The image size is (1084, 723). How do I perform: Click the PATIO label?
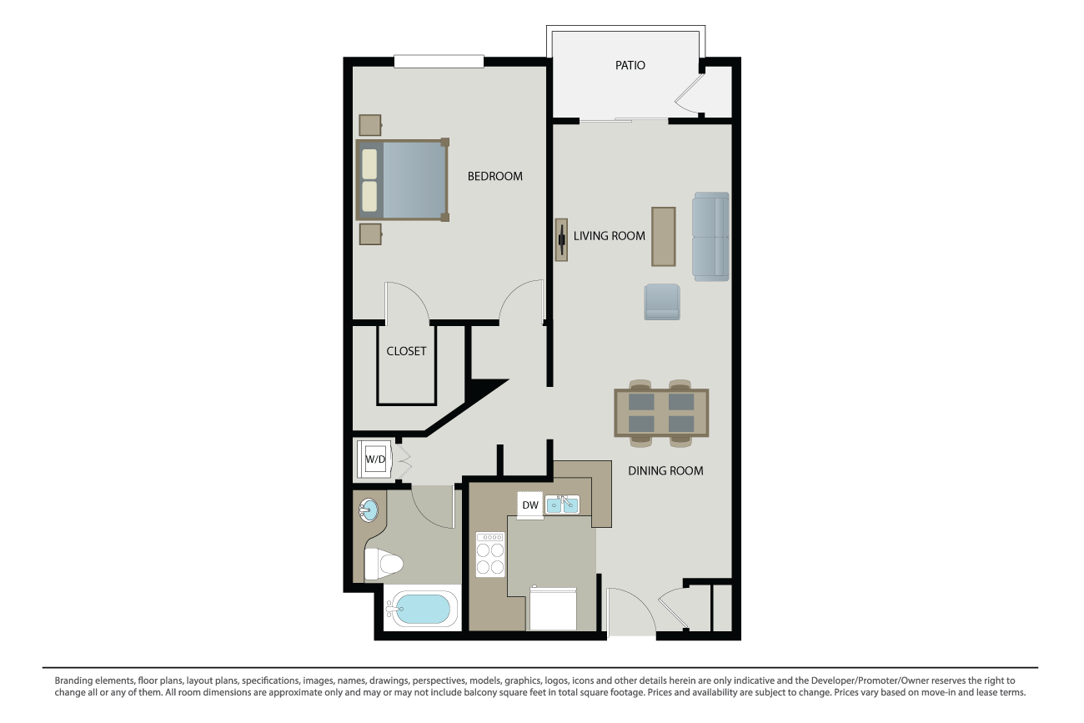click(x=630, y=65)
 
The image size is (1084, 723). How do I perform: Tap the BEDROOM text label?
click(x=494, y=176)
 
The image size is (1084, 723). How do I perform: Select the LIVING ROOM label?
click(x=609, y=236)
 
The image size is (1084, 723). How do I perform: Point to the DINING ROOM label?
click(x=665, y=470)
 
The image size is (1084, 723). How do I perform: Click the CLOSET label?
click(x=406, y=351)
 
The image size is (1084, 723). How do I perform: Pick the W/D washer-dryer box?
click(x=376, y=459)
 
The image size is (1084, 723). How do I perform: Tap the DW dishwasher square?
click(x=529, y=505)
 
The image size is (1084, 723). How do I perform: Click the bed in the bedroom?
click(x=403, y=180)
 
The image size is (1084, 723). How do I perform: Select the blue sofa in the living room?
click(x=710, y=236)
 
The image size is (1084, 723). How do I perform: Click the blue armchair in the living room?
click(x=662, y=302)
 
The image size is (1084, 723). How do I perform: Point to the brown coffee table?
click(x=664, y=236)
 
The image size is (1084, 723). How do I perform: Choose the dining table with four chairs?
click(x=661, y=413)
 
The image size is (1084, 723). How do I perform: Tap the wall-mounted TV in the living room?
click(x=561, y=240)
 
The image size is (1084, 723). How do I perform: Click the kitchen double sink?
click(x=562, y=504)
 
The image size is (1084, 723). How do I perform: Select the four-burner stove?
click(x=489, y=555)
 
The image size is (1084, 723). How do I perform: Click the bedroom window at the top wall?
click(x=439, y=61)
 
